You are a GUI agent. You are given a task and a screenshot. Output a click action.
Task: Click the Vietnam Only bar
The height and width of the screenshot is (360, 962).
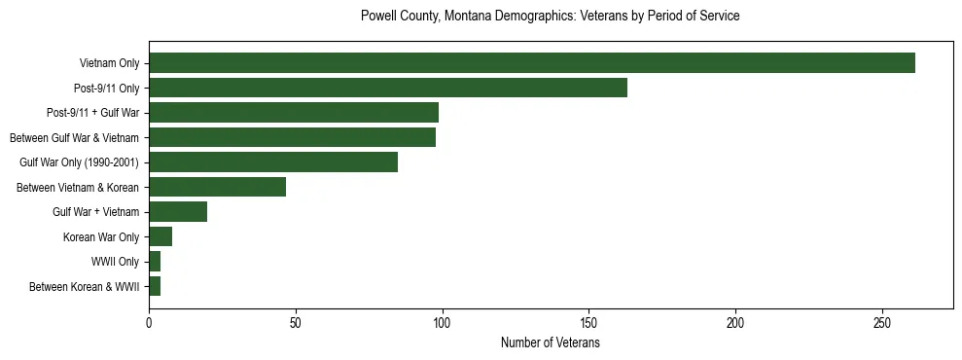(x=532, y=63)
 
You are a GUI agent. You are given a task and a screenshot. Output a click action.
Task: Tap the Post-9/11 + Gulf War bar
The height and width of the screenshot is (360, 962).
(x=294, y=113)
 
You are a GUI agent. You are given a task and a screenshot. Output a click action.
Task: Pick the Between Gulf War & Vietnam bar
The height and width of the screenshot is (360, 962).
(x=292, y=137)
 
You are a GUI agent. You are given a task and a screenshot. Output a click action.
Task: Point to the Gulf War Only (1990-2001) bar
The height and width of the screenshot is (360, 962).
(x=273, y=162)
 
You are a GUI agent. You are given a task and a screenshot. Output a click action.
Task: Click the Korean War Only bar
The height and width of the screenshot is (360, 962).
(x=160, y=236)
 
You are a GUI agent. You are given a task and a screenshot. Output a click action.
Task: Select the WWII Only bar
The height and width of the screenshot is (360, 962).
(x=155, y=262)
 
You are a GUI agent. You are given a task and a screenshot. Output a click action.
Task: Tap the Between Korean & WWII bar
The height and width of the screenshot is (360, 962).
(x=155, y=286)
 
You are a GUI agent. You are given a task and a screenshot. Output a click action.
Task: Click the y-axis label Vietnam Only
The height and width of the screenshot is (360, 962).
(x=109, y=64)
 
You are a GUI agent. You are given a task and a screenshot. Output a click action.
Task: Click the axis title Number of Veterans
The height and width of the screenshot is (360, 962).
(x=550, y=343)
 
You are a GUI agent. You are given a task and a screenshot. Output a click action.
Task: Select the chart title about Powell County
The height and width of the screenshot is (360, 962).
(x=550, y=17)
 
